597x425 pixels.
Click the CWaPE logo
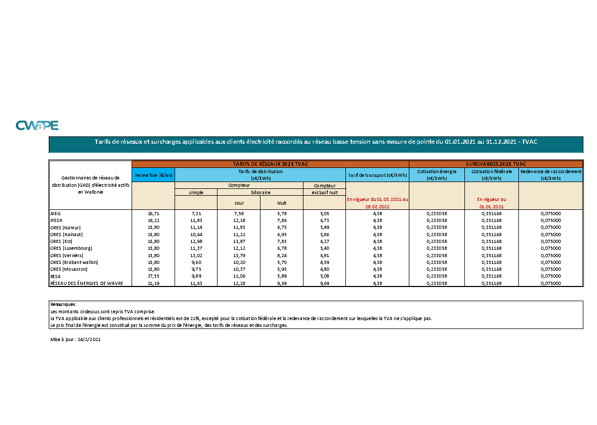point(37,125)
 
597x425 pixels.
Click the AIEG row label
point(56,214)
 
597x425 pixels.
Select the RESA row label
point(56,276)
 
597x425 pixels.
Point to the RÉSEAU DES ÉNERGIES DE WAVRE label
point(86,283)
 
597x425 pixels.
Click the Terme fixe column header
point(153,175)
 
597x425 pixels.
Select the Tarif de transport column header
point(377,175)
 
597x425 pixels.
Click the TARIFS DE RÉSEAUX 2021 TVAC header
point(270,164)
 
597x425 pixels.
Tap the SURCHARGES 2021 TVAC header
point(495,164)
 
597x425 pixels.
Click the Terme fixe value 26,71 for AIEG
point(153,214)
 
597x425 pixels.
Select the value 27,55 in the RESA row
point(153,276)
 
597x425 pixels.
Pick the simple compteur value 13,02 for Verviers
point(196,255)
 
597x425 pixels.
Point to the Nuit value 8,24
point(281,255)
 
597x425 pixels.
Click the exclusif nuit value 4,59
point(324,262)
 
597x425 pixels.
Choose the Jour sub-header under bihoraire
point(238,203)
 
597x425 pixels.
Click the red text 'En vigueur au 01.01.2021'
point(491,203)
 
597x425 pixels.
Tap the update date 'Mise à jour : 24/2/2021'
point(75,340)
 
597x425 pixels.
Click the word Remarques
point(63,304)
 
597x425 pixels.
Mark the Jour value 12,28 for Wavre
point(238,283)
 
